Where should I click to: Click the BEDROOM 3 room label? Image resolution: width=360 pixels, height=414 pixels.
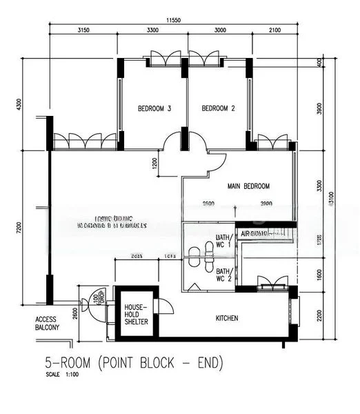154,109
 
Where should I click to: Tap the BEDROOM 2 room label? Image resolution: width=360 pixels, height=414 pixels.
219,109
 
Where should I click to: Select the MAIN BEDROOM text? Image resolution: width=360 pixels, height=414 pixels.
248,186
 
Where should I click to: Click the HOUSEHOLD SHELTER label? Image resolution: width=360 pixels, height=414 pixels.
137,315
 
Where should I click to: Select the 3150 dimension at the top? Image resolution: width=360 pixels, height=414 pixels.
84,30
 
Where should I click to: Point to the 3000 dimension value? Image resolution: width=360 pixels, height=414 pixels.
219,30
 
